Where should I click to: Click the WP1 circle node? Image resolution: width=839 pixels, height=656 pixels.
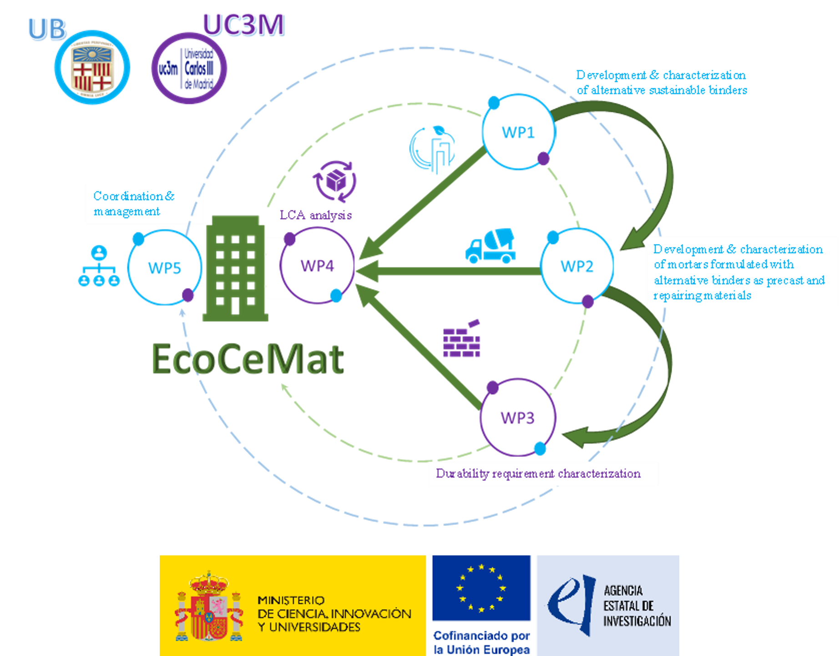[x=518, y=132]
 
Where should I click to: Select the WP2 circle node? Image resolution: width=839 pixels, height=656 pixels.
[x=576, y=266]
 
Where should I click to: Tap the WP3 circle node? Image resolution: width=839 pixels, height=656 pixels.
[x=517, y=417]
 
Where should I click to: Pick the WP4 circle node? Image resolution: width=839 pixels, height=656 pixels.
[x=317, y=265]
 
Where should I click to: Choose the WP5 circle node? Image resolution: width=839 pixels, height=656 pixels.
[x=164, y=267]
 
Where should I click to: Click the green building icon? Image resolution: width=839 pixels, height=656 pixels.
[x=235, y=269]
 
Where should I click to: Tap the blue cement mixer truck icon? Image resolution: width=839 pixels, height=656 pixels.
[x=490, y=246]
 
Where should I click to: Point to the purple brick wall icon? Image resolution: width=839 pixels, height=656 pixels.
[x=462, y=339]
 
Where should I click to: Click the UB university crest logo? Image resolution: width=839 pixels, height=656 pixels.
[x=92, y=68]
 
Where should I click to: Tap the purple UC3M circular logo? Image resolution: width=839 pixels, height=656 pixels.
[x=189, y=68]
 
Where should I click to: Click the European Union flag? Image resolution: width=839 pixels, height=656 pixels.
[x=481, y=588]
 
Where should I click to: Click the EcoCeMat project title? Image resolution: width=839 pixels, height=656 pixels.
[x=248, y=360]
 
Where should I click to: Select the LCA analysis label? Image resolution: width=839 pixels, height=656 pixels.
[x=315, y=215]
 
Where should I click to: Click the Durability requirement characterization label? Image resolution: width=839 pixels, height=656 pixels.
[x=538, y=474]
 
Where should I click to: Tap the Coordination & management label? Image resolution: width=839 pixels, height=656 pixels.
[x=133, y=203]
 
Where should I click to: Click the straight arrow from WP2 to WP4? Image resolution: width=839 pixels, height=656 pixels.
[x=450, y=271]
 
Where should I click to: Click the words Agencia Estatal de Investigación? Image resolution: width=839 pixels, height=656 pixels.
[x=637, y=606]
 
